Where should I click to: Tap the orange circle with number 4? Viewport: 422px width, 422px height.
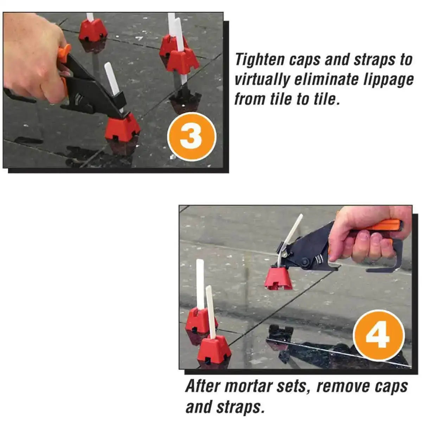[x=378, y=335]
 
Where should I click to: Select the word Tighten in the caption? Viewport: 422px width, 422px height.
[x=260, y=59]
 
